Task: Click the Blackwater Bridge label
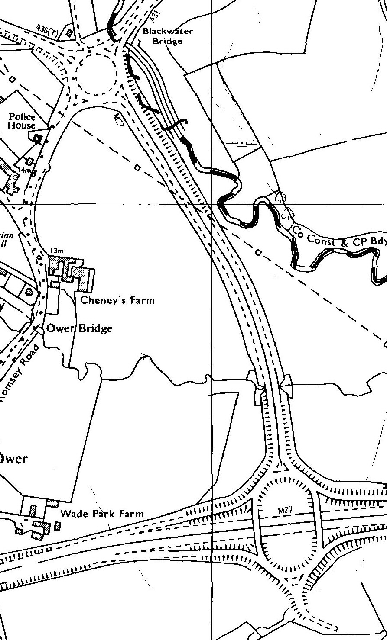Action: pos(167,36)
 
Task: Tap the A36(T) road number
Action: pos(47,31)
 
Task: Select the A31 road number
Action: pos(154,17)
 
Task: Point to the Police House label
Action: pos(22,122)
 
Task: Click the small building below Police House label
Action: pos(37,138)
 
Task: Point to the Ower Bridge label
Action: pos(79,328)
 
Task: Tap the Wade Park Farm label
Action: pos(102,514)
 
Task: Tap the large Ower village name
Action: pos(13,459)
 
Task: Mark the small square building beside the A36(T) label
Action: pos(69,32)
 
